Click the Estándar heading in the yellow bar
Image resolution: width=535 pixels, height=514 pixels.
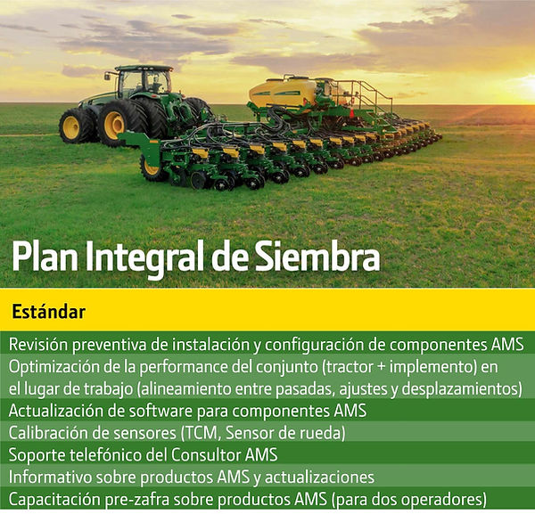pyautogui.click(x=48, y=312)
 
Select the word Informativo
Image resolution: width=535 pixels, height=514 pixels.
pyautogui.click(x=51, y=477)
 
